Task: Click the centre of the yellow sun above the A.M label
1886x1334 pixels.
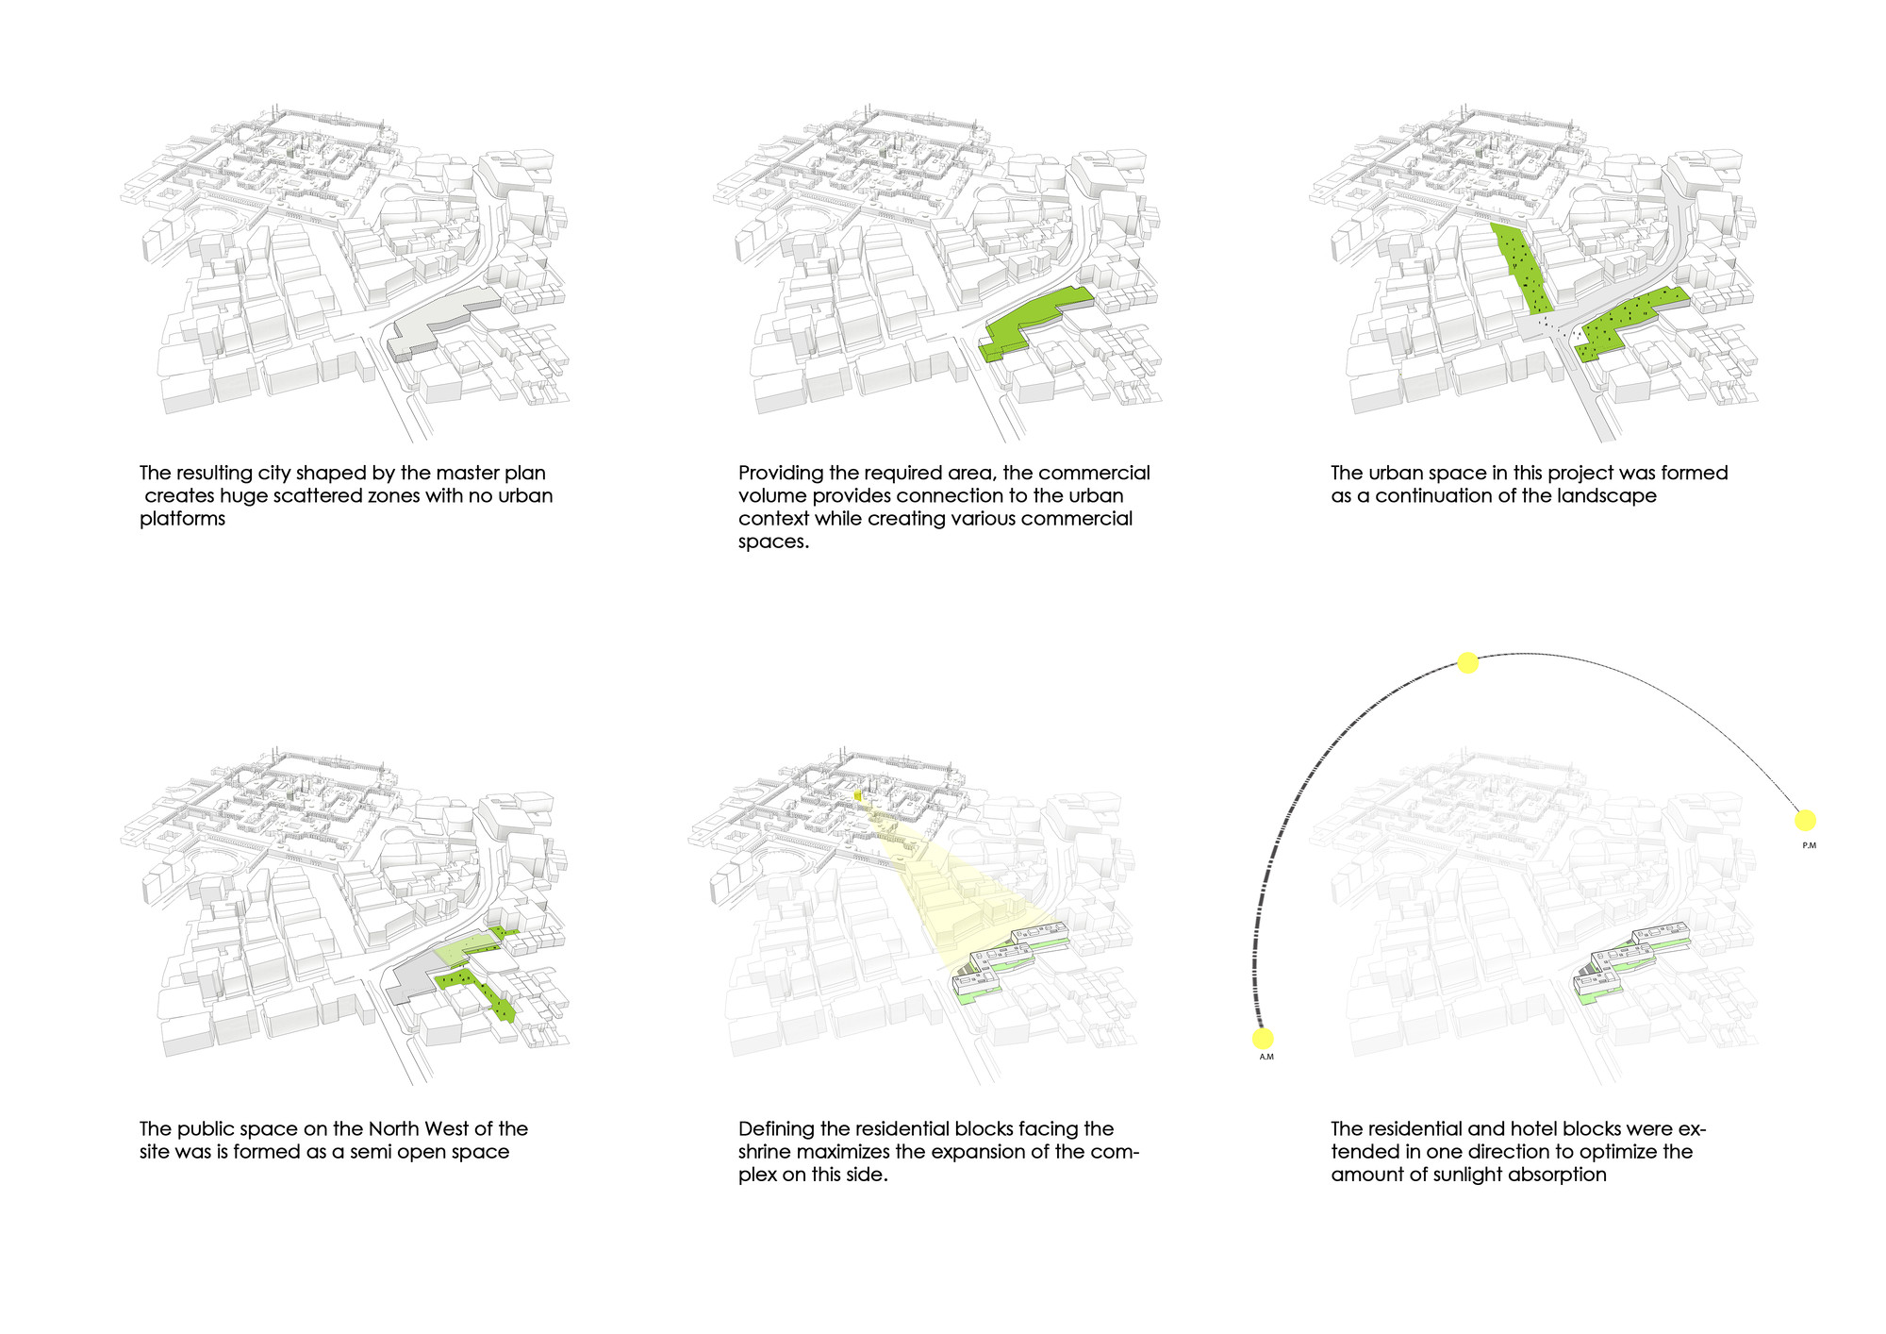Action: tap(1263, 1039)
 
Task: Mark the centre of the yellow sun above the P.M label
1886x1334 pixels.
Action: tap(1805, 820)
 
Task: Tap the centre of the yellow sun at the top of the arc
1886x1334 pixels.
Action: tap(1467, 663)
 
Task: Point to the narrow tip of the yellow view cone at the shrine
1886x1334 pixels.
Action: tap(859, 797)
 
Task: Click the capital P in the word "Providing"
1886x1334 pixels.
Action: tap(745, 473)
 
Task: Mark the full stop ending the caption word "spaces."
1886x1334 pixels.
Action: tap(806, 546)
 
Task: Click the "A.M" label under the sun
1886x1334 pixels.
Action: tap(1266, 1057)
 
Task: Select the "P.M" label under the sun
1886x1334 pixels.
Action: tap(1809, 845)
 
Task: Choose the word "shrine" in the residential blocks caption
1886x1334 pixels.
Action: tap(767, 1152)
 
